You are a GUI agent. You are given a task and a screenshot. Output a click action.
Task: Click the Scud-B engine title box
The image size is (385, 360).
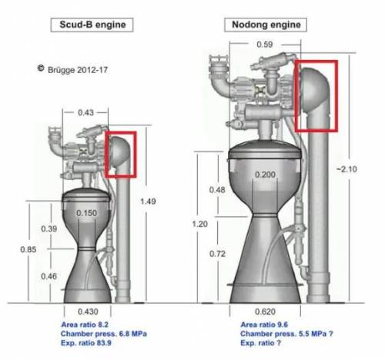coord(92,25)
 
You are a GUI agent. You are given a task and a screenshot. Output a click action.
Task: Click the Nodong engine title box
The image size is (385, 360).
coord(266,25)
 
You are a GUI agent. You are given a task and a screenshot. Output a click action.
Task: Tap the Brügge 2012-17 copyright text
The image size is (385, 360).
coord(72,69)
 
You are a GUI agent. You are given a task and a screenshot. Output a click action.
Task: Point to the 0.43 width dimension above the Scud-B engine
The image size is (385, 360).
coord(85,112)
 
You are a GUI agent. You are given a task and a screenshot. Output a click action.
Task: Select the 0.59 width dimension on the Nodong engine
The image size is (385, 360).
coord(265,45)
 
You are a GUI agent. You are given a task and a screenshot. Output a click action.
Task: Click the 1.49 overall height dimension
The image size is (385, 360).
coord(148,202)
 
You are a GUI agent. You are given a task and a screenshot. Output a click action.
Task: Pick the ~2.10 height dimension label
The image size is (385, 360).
coord(346,169)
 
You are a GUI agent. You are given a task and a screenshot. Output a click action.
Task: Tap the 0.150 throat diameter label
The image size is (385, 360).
coord(86,213)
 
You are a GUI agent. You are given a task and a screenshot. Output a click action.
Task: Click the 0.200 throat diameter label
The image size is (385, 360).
coord(265,175)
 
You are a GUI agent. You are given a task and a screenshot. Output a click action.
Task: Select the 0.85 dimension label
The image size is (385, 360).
coord(28,249)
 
